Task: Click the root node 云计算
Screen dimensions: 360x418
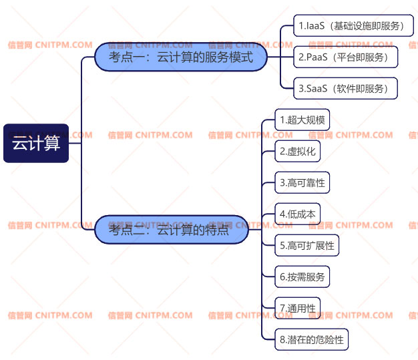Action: pos(36,143)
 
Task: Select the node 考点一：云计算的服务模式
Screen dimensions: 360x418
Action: pos(181,57)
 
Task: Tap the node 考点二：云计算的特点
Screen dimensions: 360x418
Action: pos(172,230)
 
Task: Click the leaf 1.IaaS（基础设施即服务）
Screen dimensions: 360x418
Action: pos(351,27)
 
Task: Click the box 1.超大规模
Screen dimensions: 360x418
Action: pos(302,121)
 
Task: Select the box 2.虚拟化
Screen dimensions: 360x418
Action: pos(298,152)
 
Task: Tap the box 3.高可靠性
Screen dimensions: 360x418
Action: pos(302,182)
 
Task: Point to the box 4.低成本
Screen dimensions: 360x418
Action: pos(298,214)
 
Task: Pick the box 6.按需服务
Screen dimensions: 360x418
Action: pos(302,277)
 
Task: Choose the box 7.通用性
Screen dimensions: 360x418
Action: pos(298,308)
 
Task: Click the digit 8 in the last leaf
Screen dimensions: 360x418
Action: pos(282,340)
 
